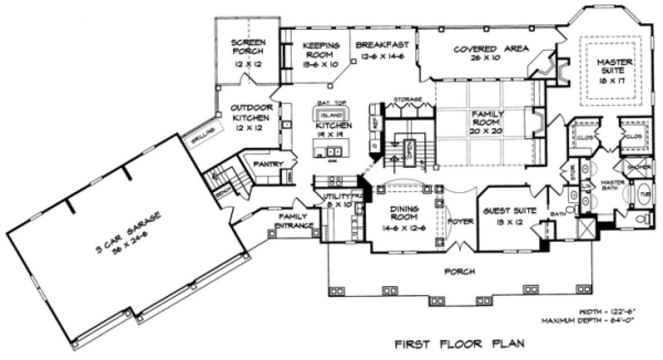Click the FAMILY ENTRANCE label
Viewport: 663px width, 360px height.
click(x=293, y=221)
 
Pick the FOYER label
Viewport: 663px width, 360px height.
click(x=460, y=221)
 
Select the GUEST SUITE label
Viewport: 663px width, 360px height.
click(x=509, y=211)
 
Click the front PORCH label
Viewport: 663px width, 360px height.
click(x=459, y=271)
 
